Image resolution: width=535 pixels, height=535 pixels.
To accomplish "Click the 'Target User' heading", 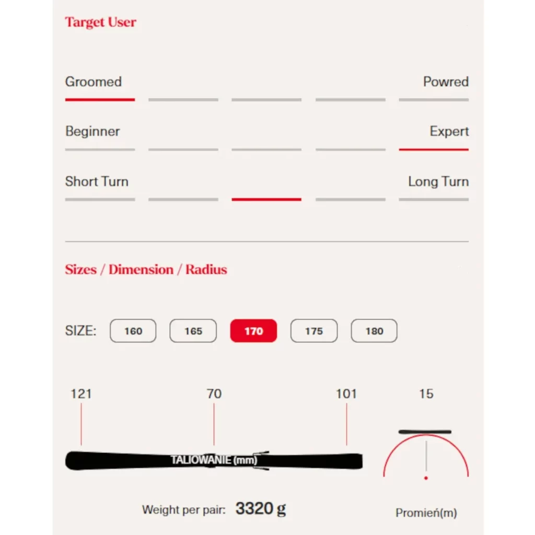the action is coord(101,22).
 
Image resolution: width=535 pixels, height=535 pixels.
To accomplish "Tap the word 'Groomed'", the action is coord(94,82).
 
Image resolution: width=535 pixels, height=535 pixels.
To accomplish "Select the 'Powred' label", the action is coord(446,82).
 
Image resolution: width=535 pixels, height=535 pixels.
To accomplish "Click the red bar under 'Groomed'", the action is coord(100,100).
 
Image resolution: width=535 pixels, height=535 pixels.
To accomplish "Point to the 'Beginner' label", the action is coord(92,131).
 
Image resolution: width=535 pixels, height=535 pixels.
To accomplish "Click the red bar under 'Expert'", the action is coord(434,149).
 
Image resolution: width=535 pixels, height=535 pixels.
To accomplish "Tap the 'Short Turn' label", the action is coord(97,181).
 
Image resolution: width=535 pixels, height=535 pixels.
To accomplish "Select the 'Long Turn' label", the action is coord(438,181).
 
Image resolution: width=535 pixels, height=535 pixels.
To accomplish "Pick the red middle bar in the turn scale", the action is coord(266,199).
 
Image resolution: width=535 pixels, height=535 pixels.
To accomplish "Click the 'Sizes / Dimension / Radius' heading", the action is coord(146,270).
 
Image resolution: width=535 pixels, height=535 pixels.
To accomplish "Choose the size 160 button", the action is coord(133,331).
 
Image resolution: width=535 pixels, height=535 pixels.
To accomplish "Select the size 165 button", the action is coord(193,331).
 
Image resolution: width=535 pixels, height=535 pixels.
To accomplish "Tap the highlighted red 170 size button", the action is coord(253,331).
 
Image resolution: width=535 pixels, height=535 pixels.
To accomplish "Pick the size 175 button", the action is coord(314,331).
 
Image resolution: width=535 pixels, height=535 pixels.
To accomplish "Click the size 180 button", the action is coord(374,331).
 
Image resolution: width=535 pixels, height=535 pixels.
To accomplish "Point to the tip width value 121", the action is coord(81,394).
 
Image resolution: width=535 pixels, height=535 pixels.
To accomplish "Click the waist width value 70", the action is coord(214,394).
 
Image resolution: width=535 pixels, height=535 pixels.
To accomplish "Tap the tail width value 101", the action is coord(346,394).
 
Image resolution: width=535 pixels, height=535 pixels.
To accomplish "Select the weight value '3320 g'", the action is coord(261,509).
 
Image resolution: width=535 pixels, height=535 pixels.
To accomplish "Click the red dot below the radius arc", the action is coord(426,478).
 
